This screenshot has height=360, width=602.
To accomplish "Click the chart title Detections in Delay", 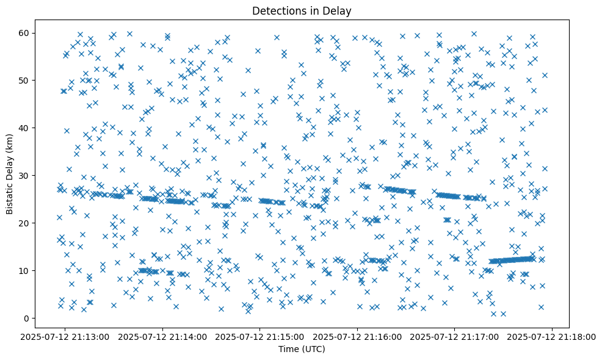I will [x=302, y=11].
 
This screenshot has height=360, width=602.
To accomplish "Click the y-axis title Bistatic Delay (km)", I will [x=10, y=175].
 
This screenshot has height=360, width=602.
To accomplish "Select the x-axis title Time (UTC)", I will [x=302, y=349].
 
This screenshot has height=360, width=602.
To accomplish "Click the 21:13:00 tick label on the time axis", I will [x=66, y=337].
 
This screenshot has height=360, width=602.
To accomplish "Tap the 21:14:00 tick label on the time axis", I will [x=163, y=337].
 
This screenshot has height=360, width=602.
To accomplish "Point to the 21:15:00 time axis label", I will [x=261, y=337].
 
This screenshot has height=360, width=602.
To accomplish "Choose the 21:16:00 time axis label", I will [x=358, y=337].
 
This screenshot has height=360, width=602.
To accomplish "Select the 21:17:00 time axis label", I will [x=455, y=337].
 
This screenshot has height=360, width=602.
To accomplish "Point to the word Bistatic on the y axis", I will [x=10, y=196].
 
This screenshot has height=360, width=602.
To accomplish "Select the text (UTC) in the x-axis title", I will [x=313, y=349].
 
